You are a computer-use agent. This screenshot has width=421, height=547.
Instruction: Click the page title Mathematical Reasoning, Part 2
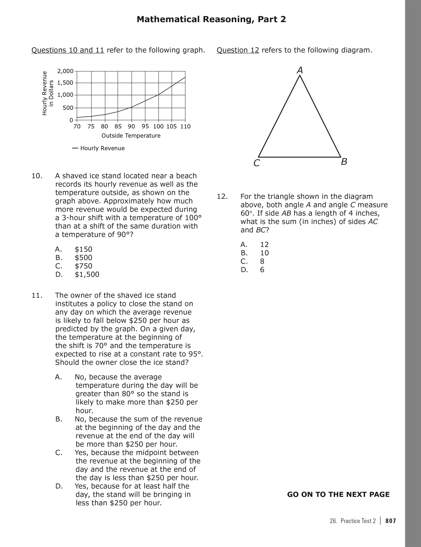pos(211,19)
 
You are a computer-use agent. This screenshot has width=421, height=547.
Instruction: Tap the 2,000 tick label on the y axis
pos(65,71)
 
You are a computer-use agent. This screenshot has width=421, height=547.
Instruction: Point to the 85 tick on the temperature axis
pos(118,126)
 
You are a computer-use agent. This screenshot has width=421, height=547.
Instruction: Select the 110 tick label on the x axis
pos(185,126)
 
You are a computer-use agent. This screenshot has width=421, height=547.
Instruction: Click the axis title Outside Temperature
pos(131,136)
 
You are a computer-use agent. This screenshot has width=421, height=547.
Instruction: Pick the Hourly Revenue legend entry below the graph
pos(102,148)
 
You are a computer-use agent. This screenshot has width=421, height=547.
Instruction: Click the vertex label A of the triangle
pos(300,70)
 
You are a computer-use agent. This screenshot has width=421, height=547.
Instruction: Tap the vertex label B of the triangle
pos(344,162)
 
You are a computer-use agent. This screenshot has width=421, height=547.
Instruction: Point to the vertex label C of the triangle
pos(256,163)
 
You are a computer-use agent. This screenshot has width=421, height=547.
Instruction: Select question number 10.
pos(37,176)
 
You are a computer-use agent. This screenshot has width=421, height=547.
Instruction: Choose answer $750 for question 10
pos(83,266)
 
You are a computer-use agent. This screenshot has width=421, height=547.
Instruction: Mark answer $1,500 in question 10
pos(87,274)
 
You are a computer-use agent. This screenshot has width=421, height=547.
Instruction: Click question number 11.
pos(37,295)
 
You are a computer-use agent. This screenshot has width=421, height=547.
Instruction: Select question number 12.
pos(222,197)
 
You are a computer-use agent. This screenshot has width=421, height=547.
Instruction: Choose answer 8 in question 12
pos(262,261)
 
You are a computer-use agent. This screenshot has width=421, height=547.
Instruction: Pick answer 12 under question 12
pos(264,244)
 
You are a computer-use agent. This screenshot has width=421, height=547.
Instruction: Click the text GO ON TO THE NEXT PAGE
pos(338,495)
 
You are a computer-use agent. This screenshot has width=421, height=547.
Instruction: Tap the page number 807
pos(391,521)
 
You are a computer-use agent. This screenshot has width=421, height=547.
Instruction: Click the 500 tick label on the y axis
pos(68,108)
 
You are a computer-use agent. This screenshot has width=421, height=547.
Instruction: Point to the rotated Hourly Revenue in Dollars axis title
pos(48,93)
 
